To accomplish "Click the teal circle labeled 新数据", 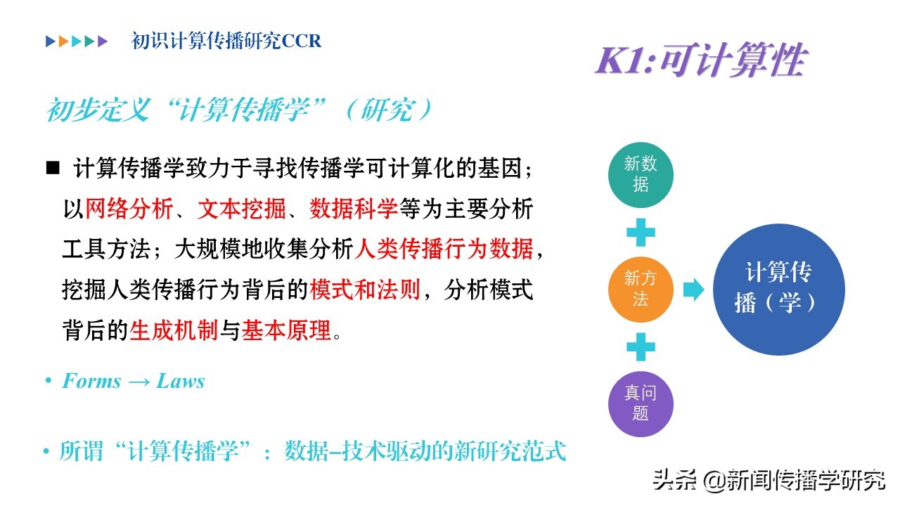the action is (641, 175).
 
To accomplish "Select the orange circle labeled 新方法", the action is (641, 289).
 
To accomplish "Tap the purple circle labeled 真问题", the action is (641, 403).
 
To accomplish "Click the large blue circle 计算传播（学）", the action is (778, 289).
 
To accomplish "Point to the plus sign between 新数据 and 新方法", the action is (641, 232).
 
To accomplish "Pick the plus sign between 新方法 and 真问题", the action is (641, 346).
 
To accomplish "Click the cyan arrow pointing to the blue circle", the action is (693, 290).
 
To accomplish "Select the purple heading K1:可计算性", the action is (701, 60).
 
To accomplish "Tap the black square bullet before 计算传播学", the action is (53, 167).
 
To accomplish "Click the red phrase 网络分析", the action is (129, 209).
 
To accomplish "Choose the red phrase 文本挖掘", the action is (241, 209).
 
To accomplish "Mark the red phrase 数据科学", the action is (354, 209).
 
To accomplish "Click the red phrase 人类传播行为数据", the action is (444, 249).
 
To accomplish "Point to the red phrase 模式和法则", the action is (365, 290).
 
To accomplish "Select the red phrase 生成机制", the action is (174, 330).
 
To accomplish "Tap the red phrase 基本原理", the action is (286, 330).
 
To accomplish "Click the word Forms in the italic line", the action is (91, 381).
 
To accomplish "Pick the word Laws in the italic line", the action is (181, 381).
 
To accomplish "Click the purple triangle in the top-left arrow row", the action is (103, 41).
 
